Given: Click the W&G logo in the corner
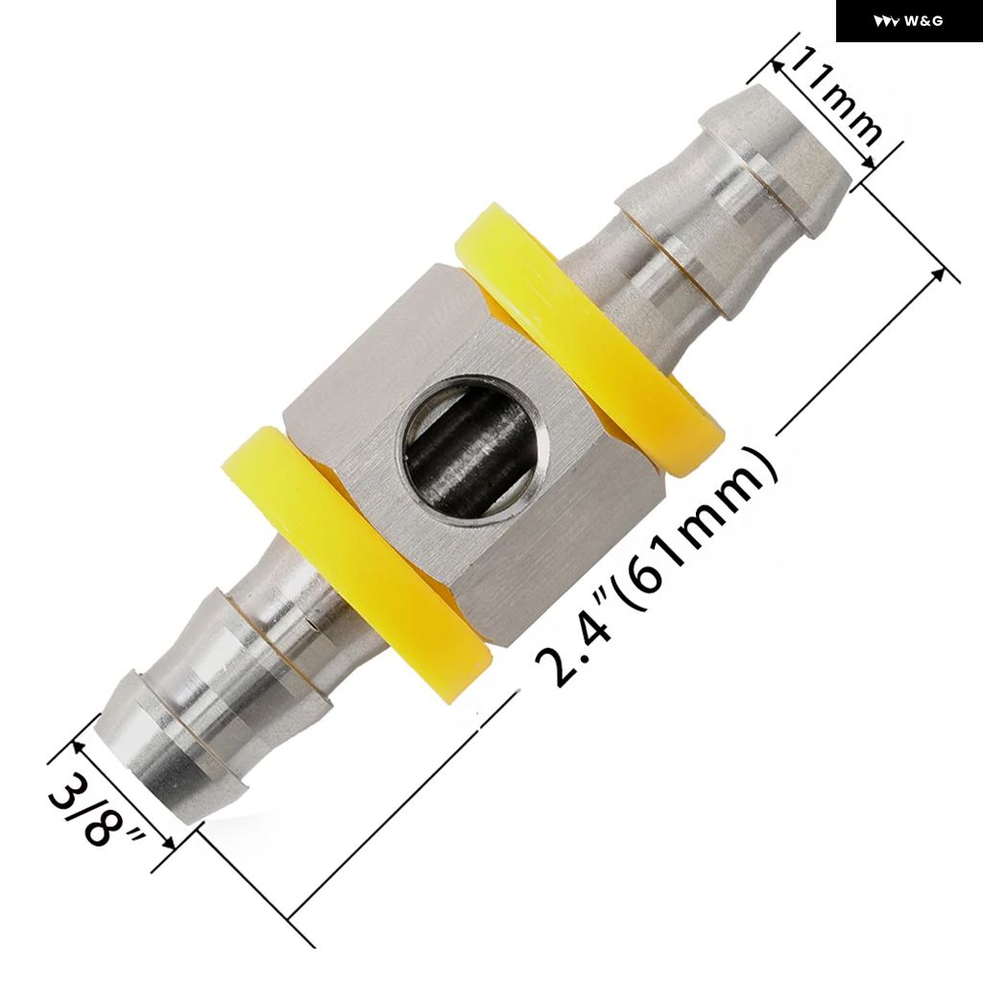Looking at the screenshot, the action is pos(908,21).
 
